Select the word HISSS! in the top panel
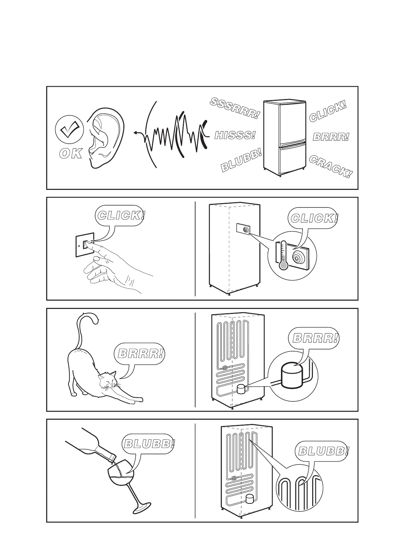pyautogui.click(x=235, y=135)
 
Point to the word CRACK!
pyautogui.click(x=330, y=167)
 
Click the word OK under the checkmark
pyautogui.click(x=70, y=154)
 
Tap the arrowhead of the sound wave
pyautogui.click(x=136, y=133)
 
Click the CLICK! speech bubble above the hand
pyautogui.click(x=121, y=215)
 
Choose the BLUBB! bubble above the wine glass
pyautogui.click(x=149, y=444)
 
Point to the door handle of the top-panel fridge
pyautogui.click(x=293, y=144)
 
